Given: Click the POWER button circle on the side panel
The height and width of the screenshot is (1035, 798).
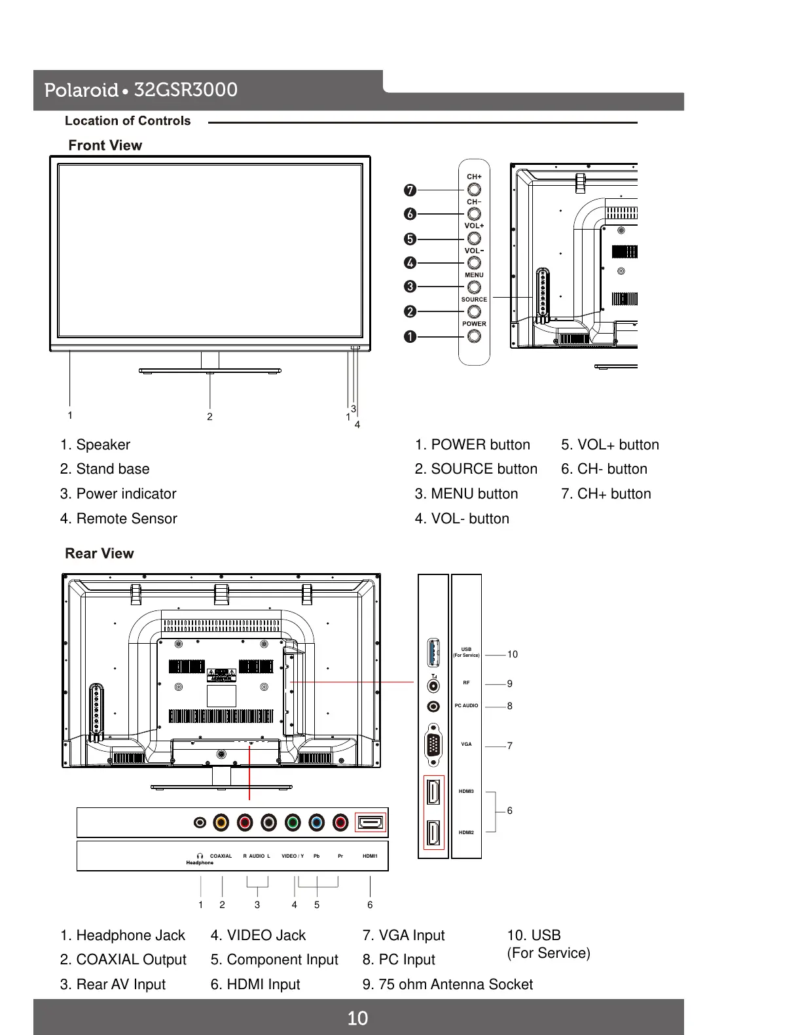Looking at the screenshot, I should click(x=474, y=336).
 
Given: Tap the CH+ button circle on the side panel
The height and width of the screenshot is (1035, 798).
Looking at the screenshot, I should click(x=474, y=189).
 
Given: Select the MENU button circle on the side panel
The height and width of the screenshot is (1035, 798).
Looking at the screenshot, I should click(x=474, y=287).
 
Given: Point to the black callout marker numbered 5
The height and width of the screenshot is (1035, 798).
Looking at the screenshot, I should click(x=410, y=239).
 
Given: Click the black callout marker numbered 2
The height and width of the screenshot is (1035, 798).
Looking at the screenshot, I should click(x=410, y=311).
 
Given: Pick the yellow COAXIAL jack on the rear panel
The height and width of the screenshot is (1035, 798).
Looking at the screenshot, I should click(x=222, y=822).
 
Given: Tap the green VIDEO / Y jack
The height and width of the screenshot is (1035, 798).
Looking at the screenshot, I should click(x=293, y=822).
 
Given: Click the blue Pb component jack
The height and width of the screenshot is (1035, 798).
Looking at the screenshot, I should click(x=317, y=822).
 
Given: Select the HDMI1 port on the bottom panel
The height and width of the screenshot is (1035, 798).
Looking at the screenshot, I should click(x=371, y=822).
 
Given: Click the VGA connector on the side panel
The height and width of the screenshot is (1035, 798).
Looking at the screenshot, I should click(x=433, y=745).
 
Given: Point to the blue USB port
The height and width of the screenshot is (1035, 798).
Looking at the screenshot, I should click(x=433, y=652).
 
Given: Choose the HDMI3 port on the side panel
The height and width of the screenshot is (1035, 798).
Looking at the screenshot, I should click(x=433, y=792).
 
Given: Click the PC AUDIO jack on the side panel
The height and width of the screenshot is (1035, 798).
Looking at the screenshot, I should click(x=433, y=707).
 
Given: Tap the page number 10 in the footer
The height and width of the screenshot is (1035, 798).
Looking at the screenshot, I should click(x=357, y=1018).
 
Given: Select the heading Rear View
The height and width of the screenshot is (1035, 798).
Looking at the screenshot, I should click(x=100, y=553).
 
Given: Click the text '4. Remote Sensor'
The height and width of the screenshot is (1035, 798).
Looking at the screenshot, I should click(x=118, y=519).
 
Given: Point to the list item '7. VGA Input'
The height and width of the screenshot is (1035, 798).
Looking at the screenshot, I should click(x=403, y=936).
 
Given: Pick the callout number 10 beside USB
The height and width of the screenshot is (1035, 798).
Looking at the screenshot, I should click(x=512, y=654).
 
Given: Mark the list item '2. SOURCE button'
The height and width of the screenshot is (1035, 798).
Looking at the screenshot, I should click(x=476, y=469).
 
